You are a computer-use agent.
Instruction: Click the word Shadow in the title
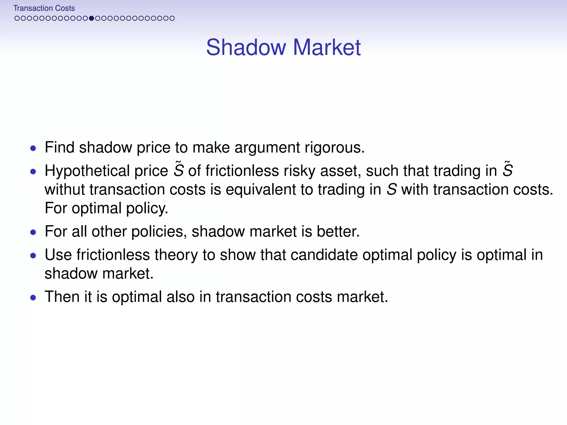coord(246,47)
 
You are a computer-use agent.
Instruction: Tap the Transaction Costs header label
coord(44,8)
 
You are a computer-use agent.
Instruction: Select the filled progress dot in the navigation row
coord(91,18)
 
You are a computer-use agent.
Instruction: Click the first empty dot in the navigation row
coord(17,18)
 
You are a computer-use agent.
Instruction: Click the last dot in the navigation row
coord(172,18)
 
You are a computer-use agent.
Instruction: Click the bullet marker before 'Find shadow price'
coord(33,148)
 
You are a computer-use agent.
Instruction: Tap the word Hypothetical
coord(87,171)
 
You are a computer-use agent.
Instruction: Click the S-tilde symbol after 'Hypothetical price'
coord(179,170)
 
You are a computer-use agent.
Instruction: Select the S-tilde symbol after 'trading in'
coord(507,170)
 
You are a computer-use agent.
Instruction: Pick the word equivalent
coord(261,190)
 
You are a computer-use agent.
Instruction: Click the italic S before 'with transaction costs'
coord(391,190)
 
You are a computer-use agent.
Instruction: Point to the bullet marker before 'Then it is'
coord(33,298)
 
